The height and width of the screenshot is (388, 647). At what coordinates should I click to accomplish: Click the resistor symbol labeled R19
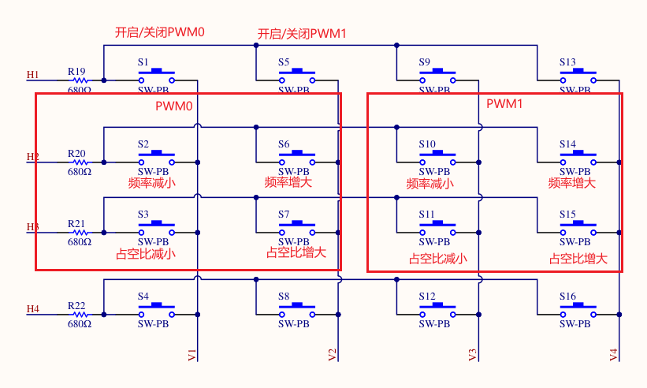pos(79,80)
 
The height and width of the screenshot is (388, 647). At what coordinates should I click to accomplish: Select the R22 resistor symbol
pos(79,314)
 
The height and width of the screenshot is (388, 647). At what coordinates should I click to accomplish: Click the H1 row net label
pos(32,75)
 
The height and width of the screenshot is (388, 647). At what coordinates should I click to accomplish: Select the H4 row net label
pos(32,309)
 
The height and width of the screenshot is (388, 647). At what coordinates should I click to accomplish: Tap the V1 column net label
pos(192,354)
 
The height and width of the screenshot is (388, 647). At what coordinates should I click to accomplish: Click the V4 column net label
pos(614,355)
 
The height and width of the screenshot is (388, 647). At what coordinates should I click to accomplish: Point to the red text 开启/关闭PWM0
pos(160,32)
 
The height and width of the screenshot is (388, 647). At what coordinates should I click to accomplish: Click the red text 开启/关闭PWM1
pos(302,34)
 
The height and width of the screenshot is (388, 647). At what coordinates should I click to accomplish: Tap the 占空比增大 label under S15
pos(578,258)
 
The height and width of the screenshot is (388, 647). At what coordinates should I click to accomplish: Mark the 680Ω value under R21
pos(79,242)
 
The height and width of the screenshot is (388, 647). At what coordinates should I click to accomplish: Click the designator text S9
pos(425,62)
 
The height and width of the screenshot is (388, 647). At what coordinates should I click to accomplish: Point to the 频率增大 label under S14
pos(571,183)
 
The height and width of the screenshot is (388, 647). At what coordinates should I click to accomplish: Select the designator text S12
pos(427,297)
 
